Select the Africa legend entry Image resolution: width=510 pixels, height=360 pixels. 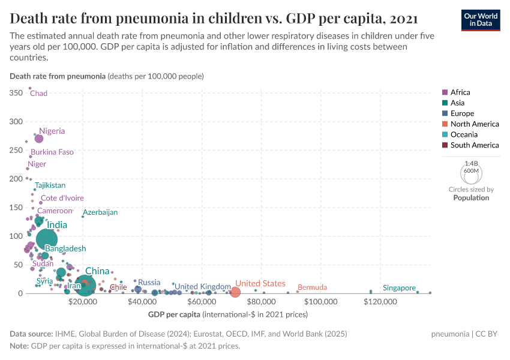460,92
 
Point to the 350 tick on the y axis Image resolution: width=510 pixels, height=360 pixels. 16,93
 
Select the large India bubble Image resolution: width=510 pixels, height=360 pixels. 47,239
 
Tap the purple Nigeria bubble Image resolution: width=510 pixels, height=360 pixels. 39,139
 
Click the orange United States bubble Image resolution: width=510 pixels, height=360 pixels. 235,292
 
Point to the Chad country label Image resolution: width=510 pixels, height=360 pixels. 38,94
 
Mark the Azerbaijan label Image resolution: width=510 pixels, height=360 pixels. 100,212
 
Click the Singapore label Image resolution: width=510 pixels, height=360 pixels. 400,288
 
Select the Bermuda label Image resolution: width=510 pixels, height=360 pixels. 312,288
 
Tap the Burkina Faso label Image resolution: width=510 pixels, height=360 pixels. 52,152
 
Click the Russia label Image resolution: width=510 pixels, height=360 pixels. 149,283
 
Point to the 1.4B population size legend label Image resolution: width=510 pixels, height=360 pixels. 471,164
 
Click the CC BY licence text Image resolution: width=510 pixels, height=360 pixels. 490,334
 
